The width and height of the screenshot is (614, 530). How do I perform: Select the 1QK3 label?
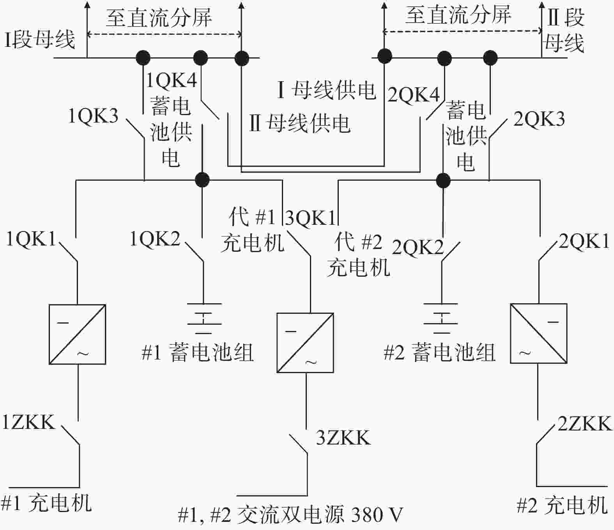(x=93, y=116)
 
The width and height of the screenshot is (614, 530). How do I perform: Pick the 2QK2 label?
(x=418, y=247)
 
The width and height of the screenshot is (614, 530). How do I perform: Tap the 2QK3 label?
(x=539, y=119)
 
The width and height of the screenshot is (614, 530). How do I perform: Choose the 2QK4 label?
(x=414, y=95)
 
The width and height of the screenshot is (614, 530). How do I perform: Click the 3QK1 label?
(x=310, y=218)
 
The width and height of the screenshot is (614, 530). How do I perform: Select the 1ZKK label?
(x=29, y=422)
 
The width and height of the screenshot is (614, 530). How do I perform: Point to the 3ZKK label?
(x=343, y=438)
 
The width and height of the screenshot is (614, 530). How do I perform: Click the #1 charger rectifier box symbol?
(x=77, y=334)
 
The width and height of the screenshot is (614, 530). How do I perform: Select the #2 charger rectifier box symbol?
(x=538, y=333)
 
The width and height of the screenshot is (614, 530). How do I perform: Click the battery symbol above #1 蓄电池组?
(x=204, y=318)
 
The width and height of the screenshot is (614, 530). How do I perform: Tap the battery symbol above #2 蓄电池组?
(x=441, y=318)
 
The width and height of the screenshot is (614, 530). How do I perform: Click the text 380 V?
(x=377, y=515)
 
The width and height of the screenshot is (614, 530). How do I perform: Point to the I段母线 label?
(x=40, y=40)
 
